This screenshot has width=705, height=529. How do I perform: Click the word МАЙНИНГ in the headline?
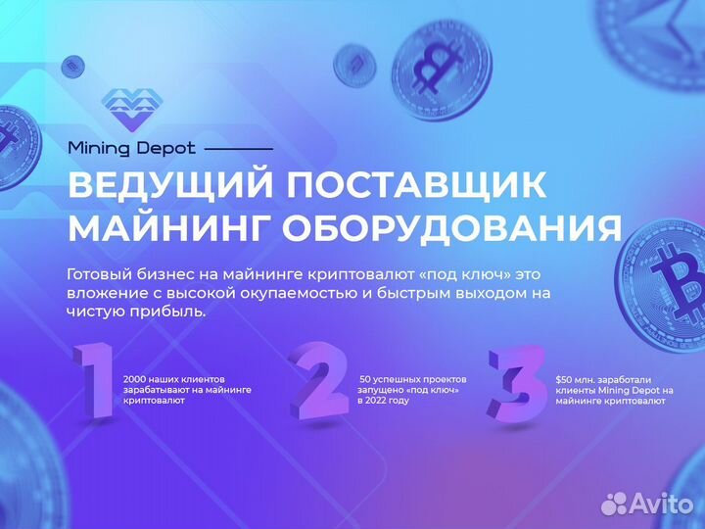[166, 227]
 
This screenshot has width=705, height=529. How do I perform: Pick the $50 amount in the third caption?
[566, 378]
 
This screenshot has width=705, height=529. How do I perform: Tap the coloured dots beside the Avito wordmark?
[614, 503]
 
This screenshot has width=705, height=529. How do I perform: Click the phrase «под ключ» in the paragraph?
[463, 274]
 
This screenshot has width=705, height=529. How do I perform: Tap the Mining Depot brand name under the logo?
[131, 148]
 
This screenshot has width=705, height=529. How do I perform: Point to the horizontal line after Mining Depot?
[238, 149]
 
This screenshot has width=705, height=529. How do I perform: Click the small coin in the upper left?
[70, 67]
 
